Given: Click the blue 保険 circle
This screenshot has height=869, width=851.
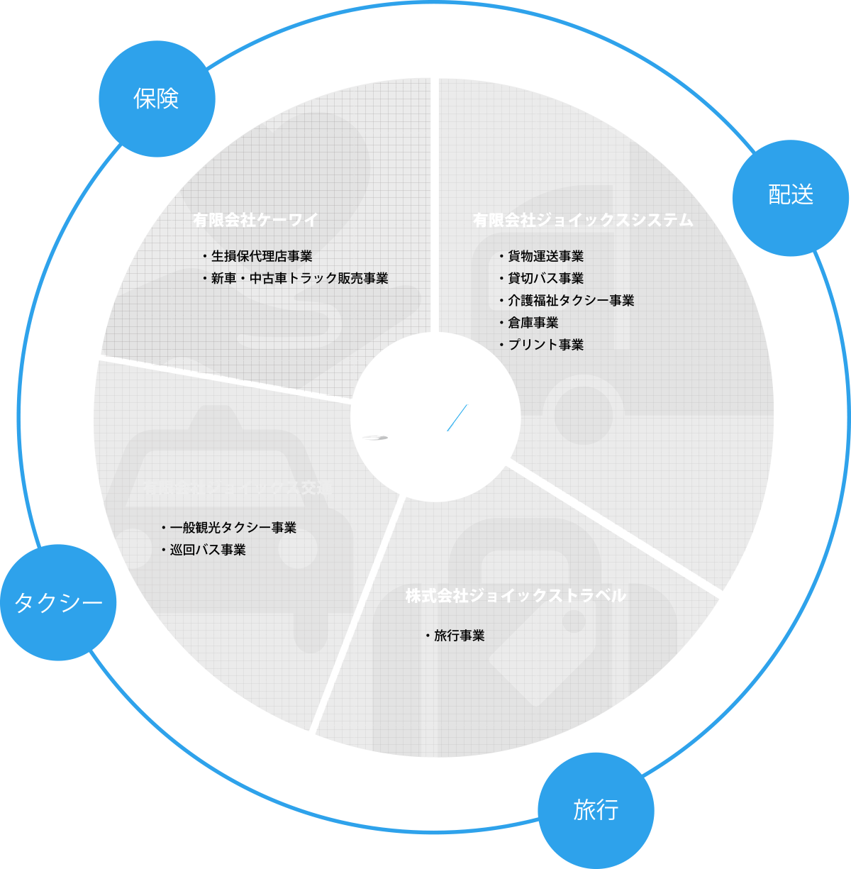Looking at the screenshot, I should click(x=157, y=99).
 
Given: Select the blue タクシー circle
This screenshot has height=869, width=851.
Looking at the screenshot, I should click(x=58, y=603).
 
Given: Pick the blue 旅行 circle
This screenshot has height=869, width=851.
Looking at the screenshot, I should click(x=596, y=810).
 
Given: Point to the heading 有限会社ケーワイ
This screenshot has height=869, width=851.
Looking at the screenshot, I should click(x=255, y=220).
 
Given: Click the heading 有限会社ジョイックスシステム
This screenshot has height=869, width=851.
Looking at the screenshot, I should click(x=583, y=220).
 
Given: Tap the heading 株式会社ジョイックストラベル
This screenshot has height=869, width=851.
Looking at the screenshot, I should click(x=516, y=596).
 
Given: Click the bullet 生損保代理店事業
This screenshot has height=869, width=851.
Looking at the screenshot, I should click(x=261, y=256).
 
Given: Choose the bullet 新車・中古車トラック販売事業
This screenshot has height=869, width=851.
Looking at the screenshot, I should click(x=299, y=278).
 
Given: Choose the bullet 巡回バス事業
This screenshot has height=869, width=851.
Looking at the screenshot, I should click(x=207, y=549).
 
